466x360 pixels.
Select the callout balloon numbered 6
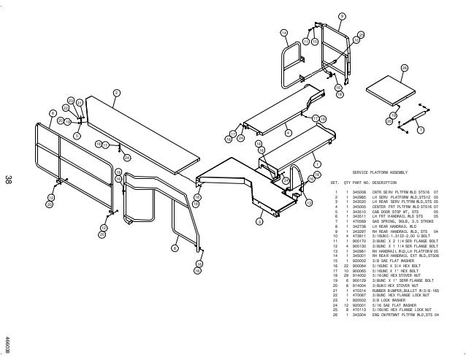click(x=53, y=112)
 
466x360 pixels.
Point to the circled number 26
click(x=404, y=68)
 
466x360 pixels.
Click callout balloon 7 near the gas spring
click(x=420, y=130)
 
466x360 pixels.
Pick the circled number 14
click(x=284, y=32)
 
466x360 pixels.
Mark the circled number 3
click(x=258, y=220)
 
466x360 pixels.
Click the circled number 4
click(x=288, y=133)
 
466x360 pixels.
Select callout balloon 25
click(x=361, y=34)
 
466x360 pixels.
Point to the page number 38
click(x=8, y=180)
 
